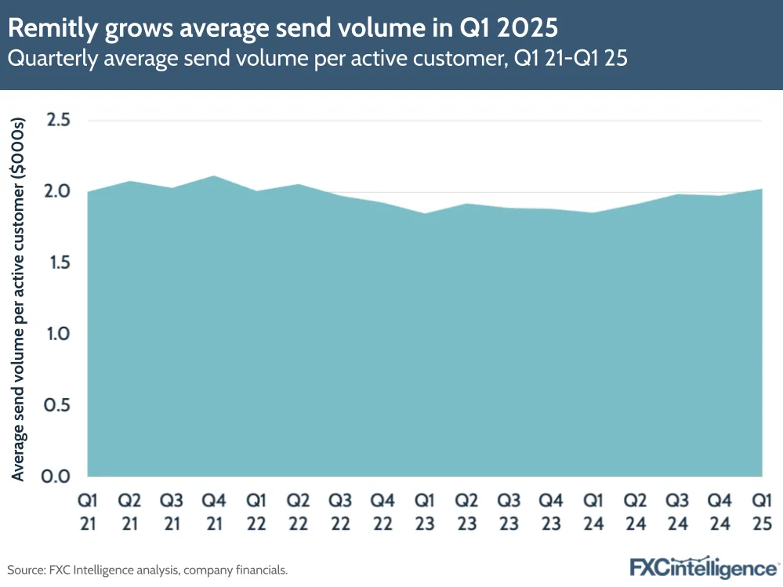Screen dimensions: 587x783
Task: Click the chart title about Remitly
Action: pos(283,28)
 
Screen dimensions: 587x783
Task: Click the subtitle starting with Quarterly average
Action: pos(317,59)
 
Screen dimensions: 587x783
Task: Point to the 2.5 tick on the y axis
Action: pos(59,120)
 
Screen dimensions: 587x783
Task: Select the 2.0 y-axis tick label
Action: pos(59,191)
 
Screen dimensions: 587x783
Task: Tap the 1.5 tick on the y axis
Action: pos(59,263)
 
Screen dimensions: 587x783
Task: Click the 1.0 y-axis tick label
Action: pos(59,334)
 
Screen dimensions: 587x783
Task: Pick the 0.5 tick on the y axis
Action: pos(59,405)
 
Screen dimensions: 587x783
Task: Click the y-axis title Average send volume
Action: pos(20,299)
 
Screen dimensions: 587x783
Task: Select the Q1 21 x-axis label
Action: pos(88,510)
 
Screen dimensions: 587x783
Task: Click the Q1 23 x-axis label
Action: pos(425,510)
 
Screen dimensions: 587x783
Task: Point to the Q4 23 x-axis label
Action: pos(552,510)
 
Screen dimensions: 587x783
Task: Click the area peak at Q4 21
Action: pos(214,176)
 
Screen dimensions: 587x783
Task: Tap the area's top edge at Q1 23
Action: pos(425,213)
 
